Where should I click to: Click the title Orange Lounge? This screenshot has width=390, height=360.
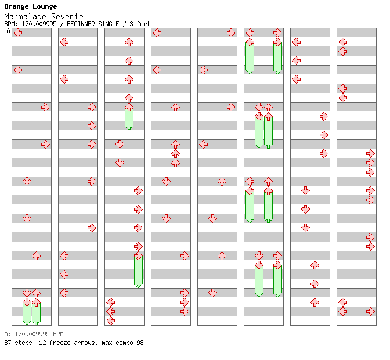pyautogui.click(x=31, y=7)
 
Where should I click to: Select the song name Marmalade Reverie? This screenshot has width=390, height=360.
pyautogui.click(x=44, y=16)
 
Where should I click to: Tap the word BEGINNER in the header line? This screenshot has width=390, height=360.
pyautogui.click(x=88, y=24)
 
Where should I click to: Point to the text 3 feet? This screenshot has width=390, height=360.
pyautogui.click(x=140, y=24)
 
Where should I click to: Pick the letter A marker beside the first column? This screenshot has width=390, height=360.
pyautogui.click(x=8, y=31)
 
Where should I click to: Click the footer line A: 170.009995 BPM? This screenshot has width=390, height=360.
pyautogui.click(x=34, y=334)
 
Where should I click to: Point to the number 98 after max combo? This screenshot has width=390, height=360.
pyautogui.click(x=139, y=343)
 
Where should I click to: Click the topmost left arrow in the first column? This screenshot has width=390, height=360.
pyautogui.click(x=17, y=33)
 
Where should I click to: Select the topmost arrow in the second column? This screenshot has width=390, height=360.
pyautogui.click(x=64, y=42)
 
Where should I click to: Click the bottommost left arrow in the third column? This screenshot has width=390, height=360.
pyautogui.click(x=110, y=321)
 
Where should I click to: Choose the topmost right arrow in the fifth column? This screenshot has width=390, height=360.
pyautogui.click(x=231, y=33)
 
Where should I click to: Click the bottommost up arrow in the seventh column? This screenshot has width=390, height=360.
pyautogui.click(x=315, y=302)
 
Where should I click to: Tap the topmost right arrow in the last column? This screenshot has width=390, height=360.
pyautogui.click(x=370, y=153)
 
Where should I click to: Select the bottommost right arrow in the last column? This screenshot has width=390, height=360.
pyautogui.click(x=370, y=311)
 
